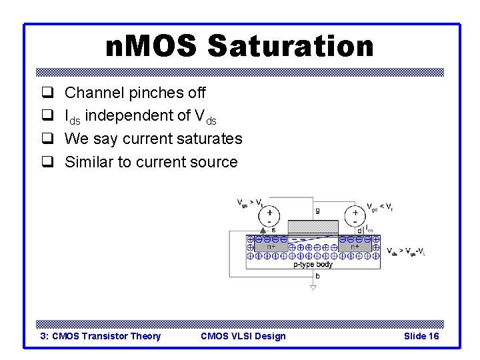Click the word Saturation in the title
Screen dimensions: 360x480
pyautogui.click(x=290, y=47)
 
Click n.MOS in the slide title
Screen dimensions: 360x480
pyautogui.click(x=151, y=47)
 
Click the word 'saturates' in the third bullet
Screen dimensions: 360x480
pyautogui.click(x=208, y=139)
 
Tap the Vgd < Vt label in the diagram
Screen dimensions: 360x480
pyautogui.click(x=378, y=207)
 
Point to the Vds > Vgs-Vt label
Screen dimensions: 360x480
pyautogui.click(x=405, y=251)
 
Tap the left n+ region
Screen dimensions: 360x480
pyautogui.click(x=271, y=246)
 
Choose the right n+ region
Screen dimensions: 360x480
pyautogui.click(x=355, y=246)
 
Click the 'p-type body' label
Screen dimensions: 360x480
pyautogui.click(x=313, y=264)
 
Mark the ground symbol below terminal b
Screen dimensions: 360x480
pyautogui.click(x=312, y=287)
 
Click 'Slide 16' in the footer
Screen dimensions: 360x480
pyautogui.click(x=421, y=336)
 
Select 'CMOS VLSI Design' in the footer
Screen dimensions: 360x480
pyautogui.click(x=243, y=336)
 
